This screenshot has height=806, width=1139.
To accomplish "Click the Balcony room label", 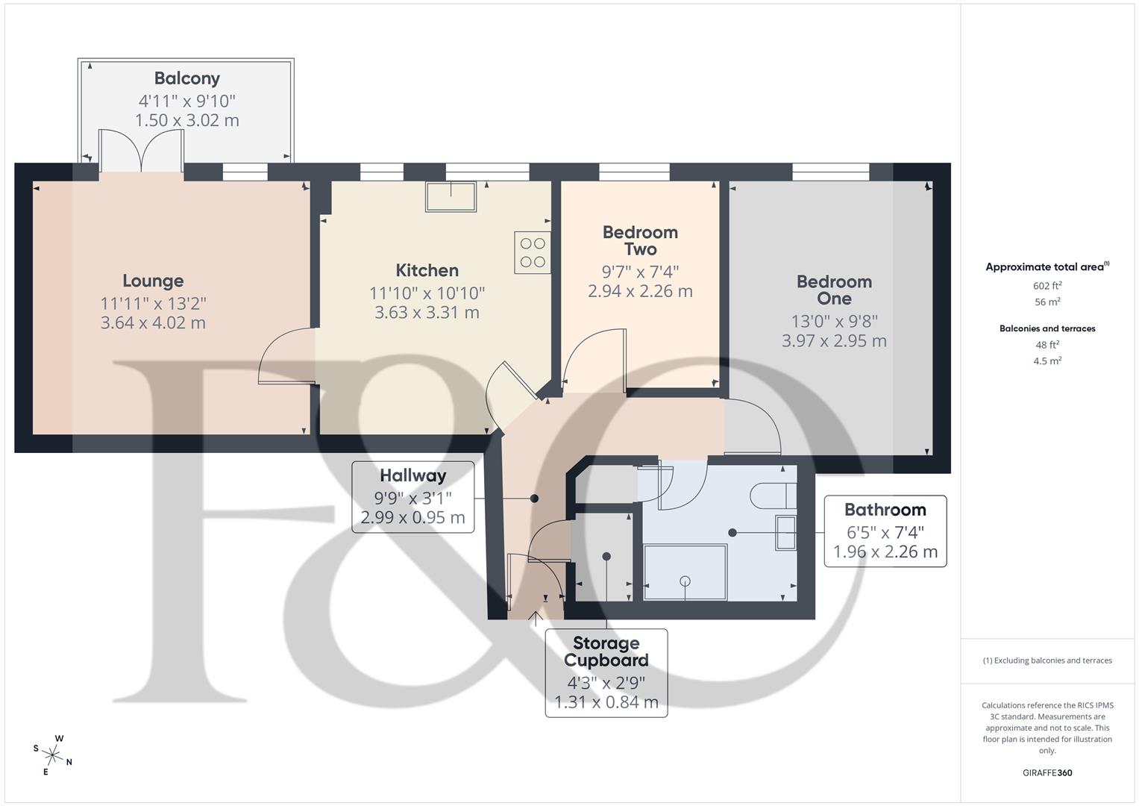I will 186,78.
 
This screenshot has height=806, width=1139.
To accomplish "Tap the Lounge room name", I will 153,281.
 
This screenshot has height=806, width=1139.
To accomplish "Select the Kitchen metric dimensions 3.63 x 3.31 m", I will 427,313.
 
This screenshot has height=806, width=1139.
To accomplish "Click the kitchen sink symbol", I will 451,196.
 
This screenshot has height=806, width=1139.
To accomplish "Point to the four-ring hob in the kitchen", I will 533,252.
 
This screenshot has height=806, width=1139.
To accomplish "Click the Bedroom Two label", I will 640,240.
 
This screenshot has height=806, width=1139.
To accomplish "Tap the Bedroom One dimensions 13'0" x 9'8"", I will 834,321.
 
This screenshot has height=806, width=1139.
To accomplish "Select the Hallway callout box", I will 412,496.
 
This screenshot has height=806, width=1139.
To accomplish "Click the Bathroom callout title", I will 885,510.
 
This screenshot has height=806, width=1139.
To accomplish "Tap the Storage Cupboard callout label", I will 606,652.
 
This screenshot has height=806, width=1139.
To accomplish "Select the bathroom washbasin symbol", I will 786,532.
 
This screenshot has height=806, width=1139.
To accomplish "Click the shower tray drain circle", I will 685,581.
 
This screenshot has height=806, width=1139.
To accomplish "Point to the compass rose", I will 52,755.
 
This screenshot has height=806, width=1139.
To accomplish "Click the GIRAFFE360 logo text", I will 1047,773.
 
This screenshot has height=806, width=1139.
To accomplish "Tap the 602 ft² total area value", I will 1047,286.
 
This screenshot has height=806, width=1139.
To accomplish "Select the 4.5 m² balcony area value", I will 1047,361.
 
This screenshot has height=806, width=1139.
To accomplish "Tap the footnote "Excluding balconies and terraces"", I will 1047,660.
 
